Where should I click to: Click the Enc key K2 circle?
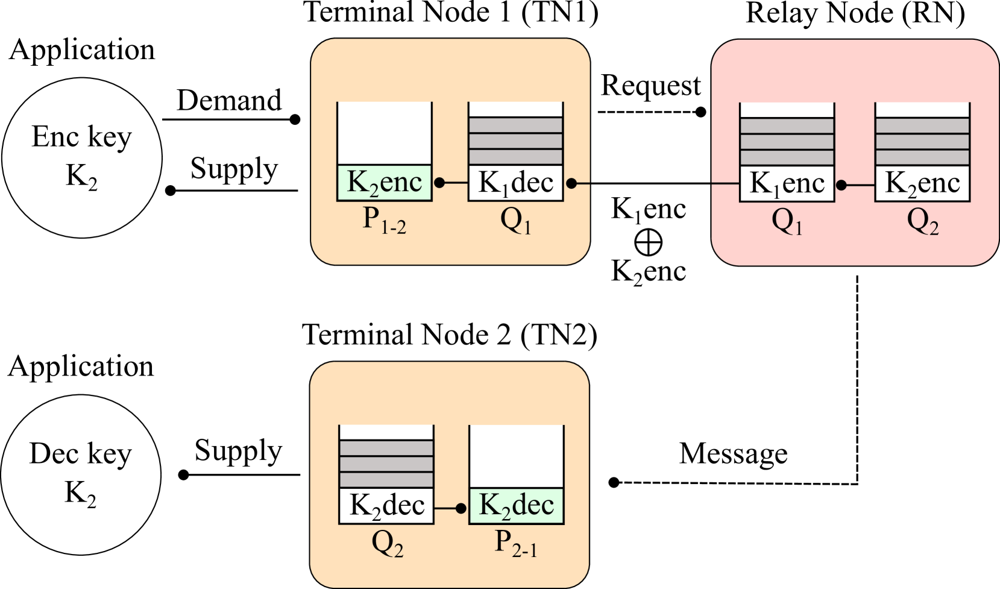(82, 157)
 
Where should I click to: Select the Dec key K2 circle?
(81, 474)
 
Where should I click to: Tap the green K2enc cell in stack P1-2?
(385, 182)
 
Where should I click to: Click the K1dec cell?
(516, 183)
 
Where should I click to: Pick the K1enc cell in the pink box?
(787, 183)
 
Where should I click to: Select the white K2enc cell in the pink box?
(922, 183)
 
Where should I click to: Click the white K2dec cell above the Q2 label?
(386, 506)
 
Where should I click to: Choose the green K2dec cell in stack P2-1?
(517, 505)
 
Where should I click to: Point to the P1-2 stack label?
(384, 220)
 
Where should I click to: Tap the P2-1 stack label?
(515, 543)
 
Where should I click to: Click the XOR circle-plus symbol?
(649, 242)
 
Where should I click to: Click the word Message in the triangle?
(733, 454)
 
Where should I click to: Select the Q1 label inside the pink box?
(787, 222)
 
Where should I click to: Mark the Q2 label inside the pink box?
(922, 222)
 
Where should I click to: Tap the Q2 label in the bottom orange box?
(387, 544)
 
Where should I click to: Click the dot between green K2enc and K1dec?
(440, 183)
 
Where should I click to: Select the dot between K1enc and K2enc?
(841, 185)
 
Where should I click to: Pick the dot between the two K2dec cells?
(461, 508)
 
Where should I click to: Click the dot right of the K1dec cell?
(571, 183)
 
